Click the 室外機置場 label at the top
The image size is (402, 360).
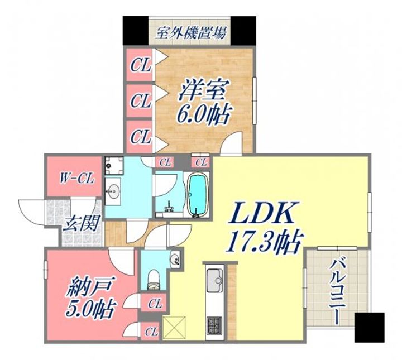pos(190,32)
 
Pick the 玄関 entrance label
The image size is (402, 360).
pos(81,224)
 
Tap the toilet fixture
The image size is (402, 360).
pos(153,279)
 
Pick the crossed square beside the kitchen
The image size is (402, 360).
pos(173,326)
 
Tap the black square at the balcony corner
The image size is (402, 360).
pos(370,327)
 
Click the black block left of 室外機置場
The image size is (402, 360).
pos(136,31)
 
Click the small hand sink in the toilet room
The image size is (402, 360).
pos(175,258)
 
